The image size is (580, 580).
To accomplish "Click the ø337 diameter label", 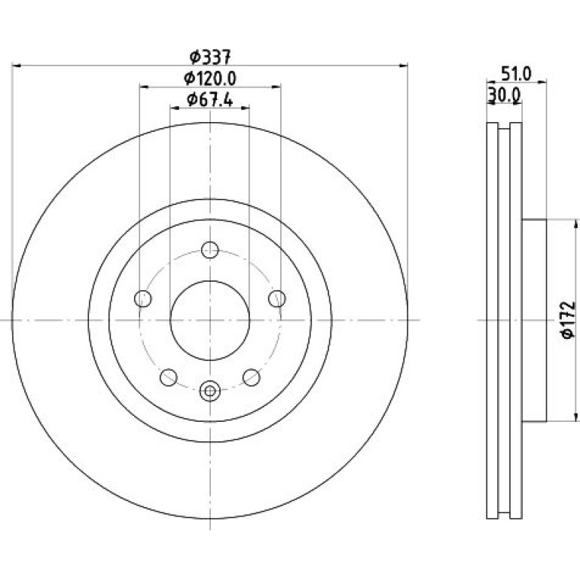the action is [210, 57].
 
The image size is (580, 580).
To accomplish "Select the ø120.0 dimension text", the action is [210, 78].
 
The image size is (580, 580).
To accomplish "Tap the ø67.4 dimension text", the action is [210, 99].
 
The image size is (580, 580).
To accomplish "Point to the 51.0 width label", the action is [516, 75].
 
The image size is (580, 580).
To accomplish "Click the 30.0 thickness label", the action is [505, 95].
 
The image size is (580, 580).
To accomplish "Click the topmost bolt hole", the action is [210, 250].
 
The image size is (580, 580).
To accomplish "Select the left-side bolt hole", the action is [143, 298].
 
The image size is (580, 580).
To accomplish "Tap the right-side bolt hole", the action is [277, 298].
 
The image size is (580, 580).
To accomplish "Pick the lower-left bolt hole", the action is [169, 377].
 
